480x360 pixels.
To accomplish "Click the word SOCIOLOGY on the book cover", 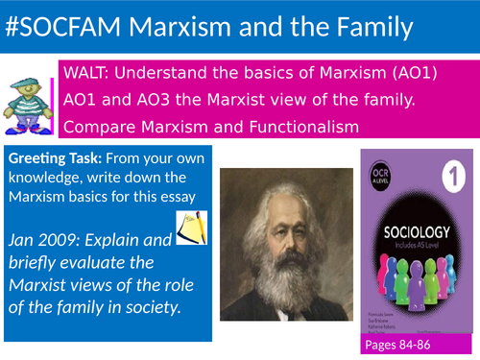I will point(418,234).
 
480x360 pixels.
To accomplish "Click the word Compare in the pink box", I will point(97,126).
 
